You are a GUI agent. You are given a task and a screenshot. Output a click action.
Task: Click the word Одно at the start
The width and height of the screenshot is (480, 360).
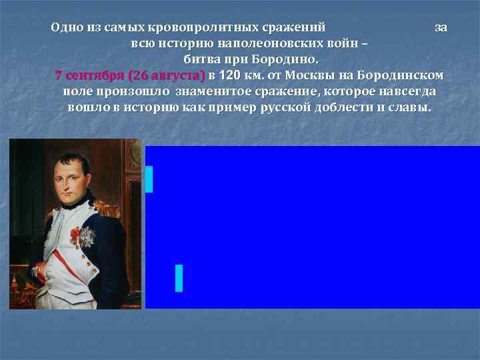click(66, 27)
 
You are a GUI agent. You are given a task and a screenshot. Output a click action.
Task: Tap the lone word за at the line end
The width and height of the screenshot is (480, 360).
click(441, 27)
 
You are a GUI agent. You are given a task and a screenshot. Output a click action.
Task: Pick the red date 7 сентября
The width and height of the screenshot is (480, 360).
click(90, 73)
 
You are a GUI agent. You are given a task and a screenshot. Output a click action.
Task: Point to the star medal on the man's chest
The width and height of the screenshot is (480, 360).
click(85, 235)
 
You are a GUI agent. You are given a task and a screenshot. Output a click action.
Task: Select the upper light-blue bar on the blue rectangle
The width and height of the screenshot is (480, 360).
click(149, 179)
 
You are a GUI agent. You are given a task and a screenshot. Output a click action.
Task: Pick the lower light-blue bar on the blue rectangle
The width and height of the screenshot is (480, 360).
click(179, 277)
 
